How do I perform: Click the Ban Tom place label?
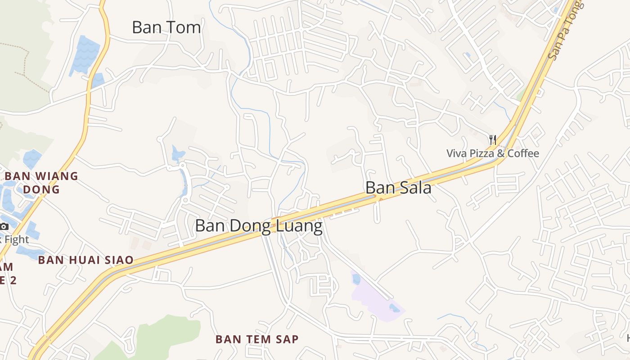point(166,27)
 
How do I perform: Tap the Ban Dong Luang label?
point(259,225)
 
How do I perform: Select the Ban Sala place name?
point(398,187)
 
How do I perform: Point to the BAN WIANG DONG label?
point(41,182)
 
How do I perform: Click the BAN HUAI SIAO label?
point(85,260)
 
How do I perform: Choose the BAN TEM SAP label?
point(257,339)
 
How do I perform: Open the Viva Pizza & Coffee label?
point(492,153)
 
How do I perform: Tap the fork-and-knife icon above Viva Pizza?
point(493,140)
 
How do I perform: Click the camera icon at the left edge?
point(4,226)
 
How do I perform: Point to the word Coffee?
point(523,153)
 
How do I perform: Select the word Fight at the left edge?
point(16,239)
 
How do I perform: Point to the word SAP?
point(287,339)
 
